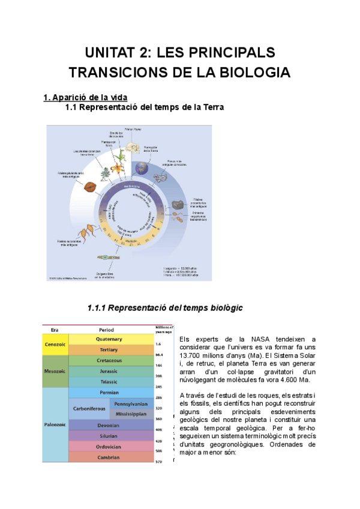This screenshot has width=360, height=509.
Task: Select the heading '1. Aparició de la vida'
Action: [x=85, y=97]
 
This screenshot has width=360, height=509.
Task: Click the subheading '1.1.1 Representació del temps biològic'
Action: [x=165, y=308]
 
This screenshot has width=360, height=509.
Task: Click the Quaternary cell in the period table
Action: [x=109, y=339]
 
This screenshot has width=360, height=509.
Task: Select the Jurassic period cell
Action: [x=109, y=371]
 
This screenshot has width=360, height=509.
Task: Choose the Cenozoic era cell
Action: [x=55, y=344]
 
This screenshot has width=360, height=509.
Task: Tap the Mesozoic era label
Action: [x=55, y=371]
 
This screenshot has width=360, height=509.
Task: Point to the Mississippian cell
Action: [x=131, y=414]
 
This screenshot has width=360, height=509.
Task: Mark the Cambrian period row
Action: [x=109, y=457]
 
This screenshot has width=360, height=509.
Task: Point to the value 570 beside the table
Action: [x=160, y=461]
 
